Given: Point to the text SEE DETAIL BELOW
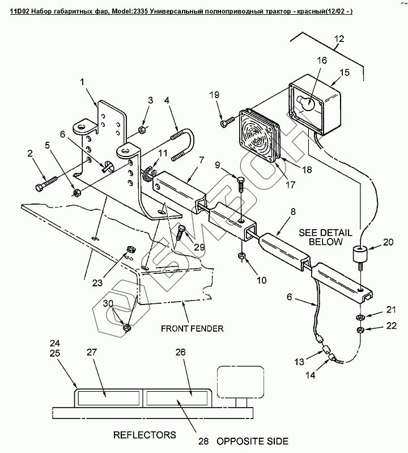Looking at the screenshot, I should pyautogui.click(x=326, y=236).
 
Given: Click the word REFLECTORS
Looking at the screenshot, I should pyautogui.click(x=144, y=435).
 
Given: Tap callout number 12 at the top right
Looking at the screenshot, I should pyautogui.click(x=339, y=39).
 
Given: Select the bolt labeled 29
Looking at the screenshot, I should pyautogui.click(x=181, y=231).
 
